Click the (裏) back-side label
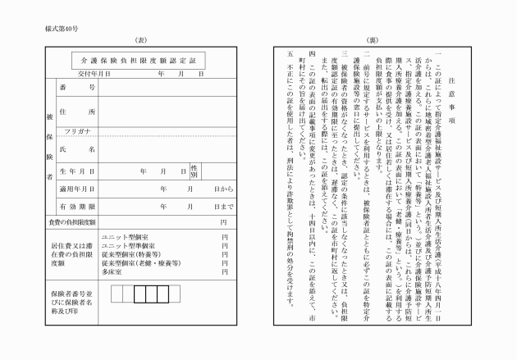[372, 39]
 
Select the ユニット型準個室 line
[128, 246]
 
